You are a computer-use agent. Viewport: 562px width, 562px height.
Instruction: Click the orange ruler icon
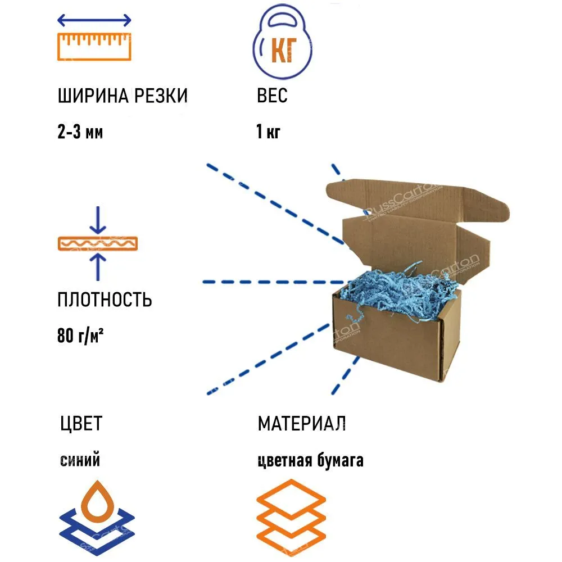[x=94, y=46]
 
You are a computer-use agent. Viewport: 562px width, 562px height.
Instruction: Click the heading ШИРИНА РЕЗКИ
[x=122, y=96]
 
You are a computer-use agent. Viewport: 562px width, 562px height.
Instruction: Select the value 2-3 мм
[x=80, y=133]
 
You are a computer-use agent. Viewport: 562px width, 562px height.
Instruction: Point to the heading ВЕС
[x=272, y=96]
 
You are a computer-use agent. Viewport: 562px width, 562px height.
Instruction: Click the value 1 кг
[x=268, y=133]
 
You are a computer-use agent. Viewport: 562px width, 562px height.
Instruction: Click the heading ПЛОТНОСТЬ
[x=105, y=300]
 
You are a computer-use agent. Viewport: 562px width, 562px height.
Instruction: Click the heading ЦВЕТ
[x=81, y=423]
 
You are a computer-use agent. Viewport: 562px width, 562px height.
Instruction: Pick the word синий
[x=80, y=461]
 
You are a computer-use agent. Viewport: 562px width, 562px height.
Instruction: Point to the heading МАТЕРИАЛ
[x=301, y=423]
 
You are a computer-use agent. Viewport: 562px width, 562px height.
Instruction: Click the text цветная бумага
[x=310, y=461]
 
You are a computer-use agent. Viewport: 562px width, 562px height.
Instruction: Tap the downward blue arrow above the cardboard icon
[x=98, y=220]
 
